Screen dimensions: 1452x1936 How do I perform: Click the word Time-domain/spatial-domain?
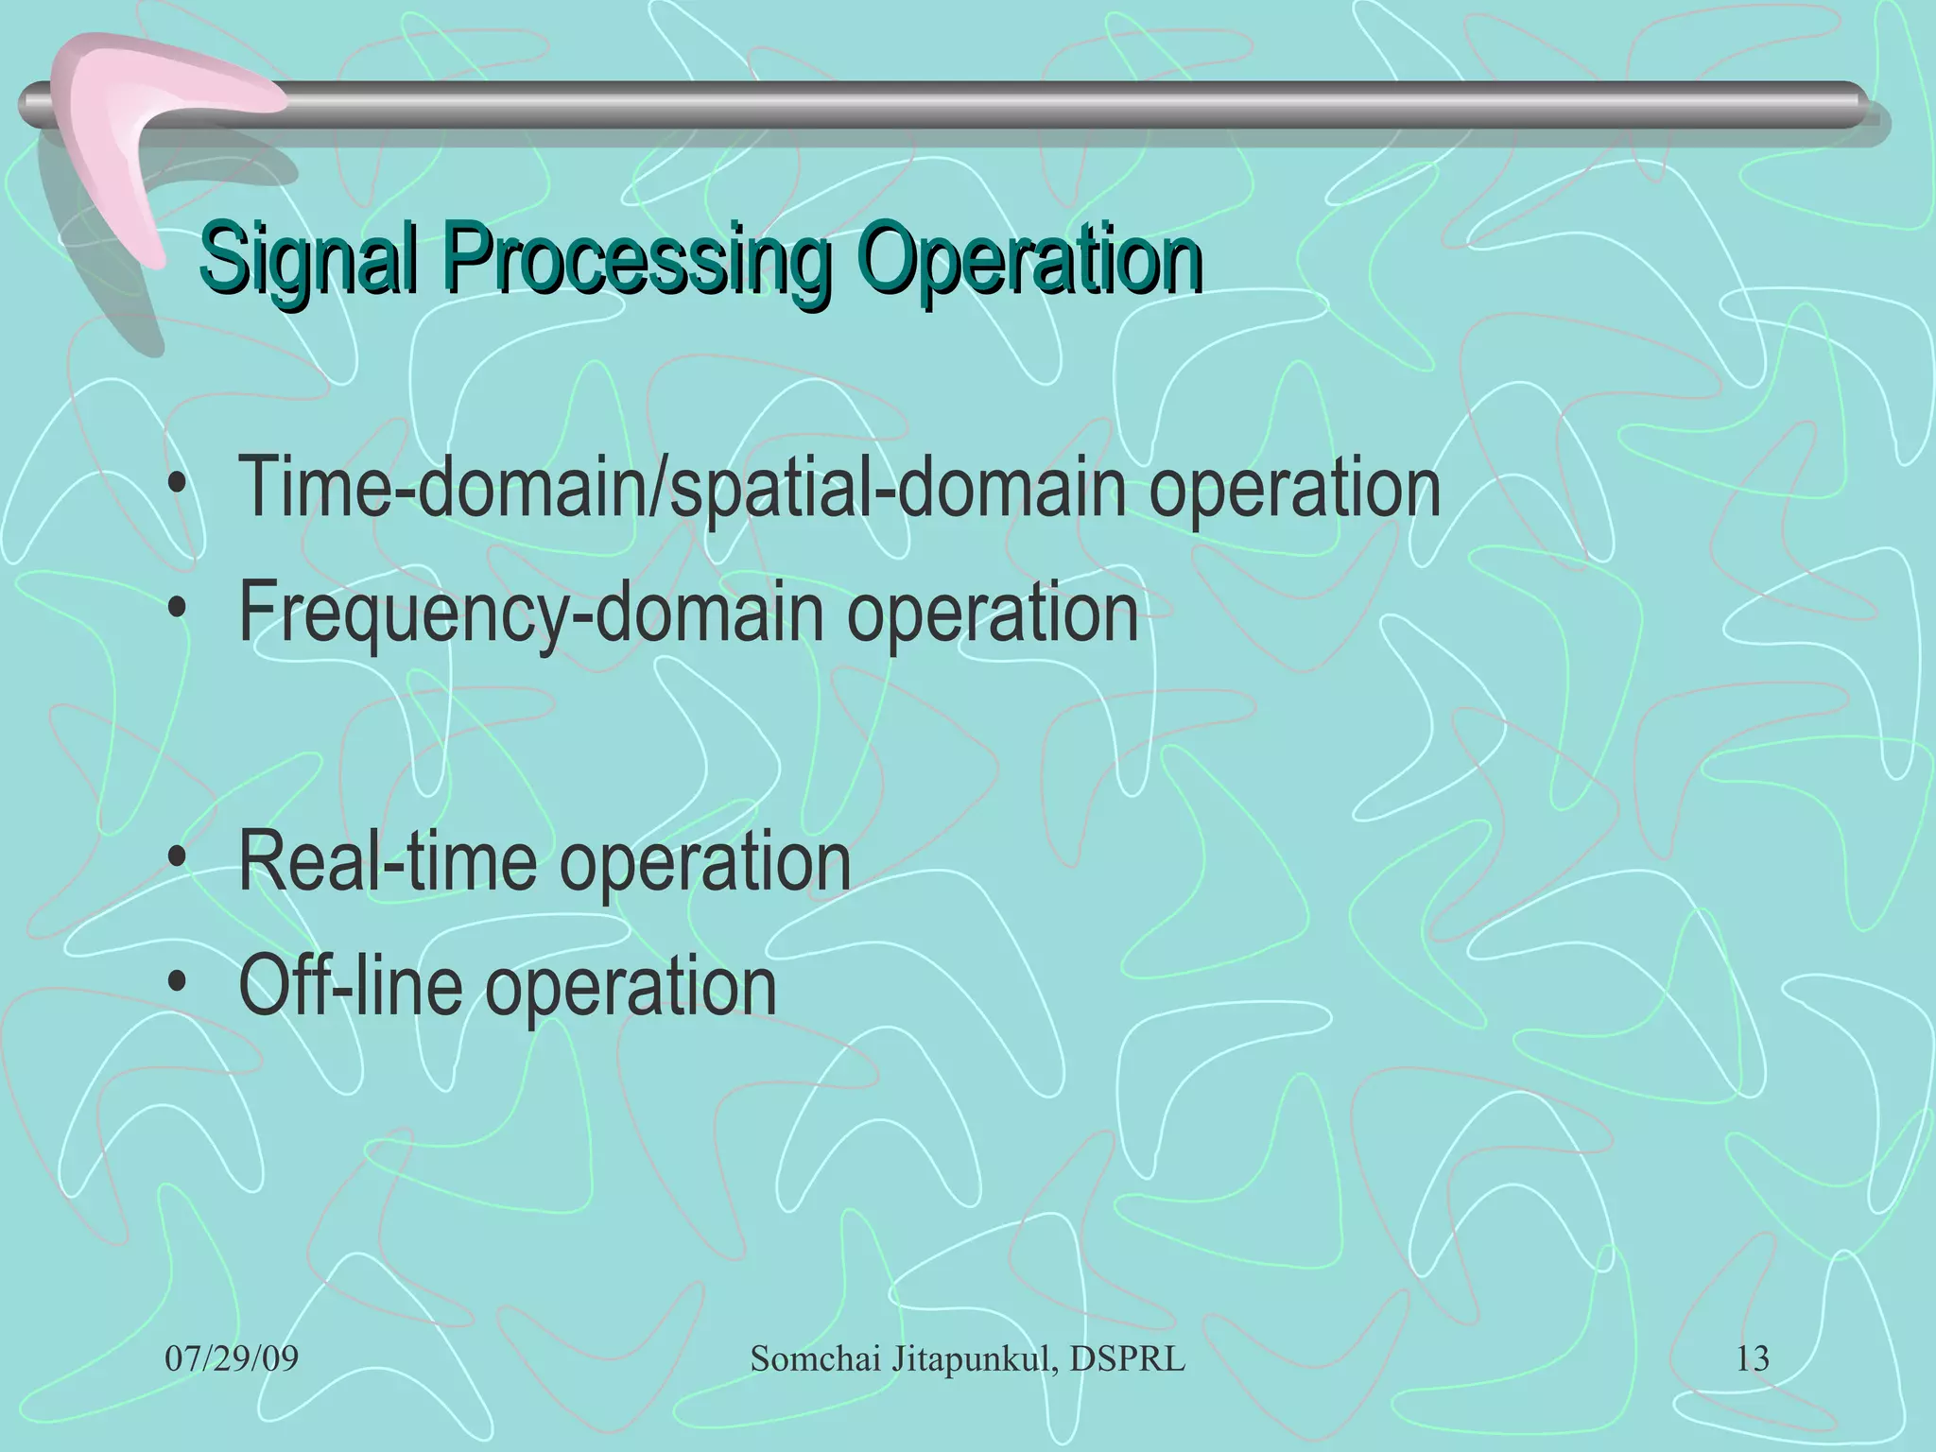click(x=681, y=489)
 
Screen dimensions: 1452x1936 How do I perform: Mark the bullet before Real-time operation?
click(x=176, y=861)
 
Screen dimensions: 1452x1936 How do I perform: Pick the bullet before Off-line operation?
click(x=176, y=986)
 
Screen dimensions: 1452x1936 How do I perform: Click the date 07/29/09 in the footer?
click(x=232, y=1359)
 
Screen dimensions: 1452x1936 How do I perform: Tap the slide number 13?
click(x=1752, y=1359)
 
